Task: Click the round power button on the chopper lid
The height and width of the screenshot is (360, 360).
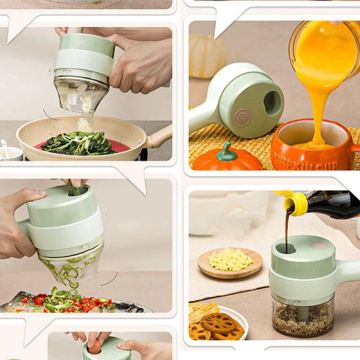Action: (x=243, y=117)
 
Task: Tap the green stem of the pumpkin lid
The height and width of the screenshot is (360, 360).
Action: (x=226, y=152)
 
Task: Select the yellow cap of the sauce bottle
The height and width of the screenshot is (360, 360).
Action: (x=297, y=202)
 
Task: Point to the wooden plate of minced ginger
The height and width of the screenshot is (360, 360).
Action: (x=230, y=263)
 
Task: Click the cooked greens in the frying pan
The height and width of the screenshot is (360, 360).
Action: (x=79, y=144)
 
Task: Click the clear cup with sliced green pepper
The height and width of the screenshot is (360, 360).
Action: (x=72, y=265)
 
